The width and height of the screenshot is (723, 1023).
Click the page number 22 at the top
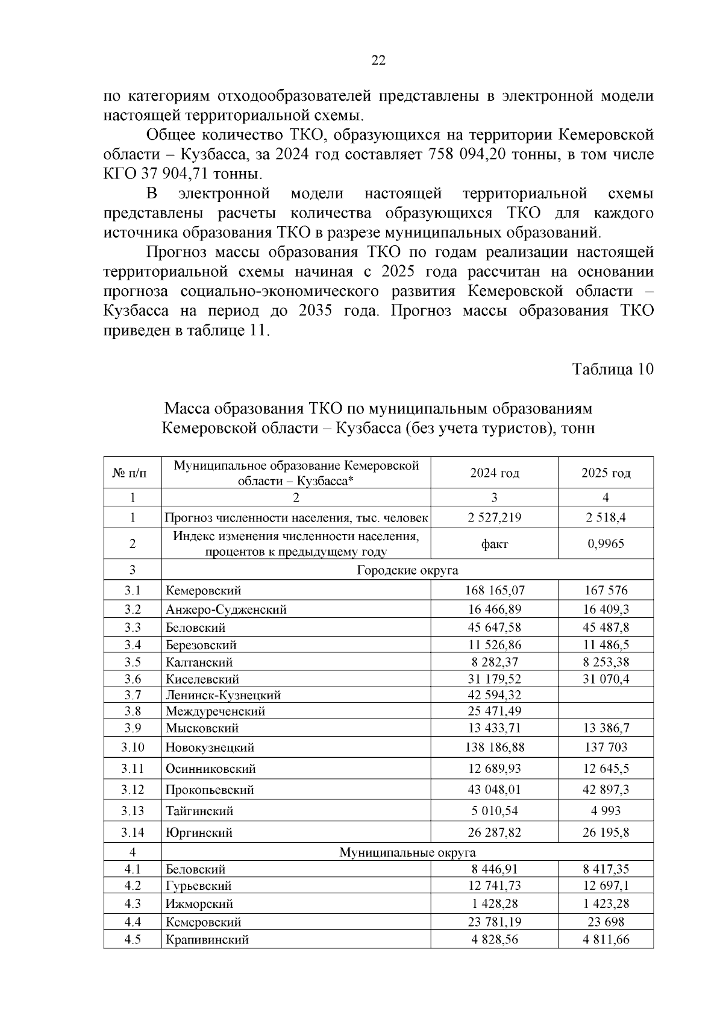pyautogui.click(x=378, y=60)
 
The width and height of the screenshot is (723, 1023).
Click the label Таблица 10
pyautogui.click(x=612, y=369)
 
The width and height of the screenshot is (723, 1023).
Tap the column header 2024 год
pyautogui.click(x=494, y=473)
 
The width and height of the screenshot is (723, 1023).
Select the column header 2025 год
pyautogui.click(x=606, y=473)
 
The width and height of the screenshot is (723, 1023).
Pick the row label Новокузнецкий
pyautogui.click(x=210, y=748)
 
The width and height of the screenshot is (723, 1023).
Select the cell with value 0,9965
pyautogui.click(x=606, y=544)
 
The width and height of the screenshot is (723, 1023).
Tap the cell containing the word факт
pyautogui.click(x=494, y=544)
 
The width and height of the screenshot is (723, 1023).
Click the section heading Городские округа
pyautogui.click(x=407, y=570)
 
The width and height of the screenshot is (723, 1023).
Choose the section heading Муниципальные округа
pyautogui.click(x=407, y=852)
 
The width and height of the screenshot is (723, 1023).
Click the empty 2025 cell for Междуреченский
pyautogui.click(x=606, y=711)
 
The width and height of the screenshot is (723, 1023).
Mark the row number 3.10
pyautogui.click(x=133, y=748)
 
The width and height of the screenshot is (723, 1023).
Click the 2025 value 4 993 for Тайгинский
pyautogui.click(x=606, y=811)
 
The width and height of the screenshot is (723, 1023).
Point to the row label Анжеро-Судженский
pyautogui.click(x=226, y=609)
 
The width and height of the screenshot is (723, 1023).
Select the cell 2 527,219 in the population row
pyautogui.click(x=494, y=517)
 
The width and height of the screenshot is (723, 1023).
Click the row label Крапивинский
pyautogui.click(x=207, y=940)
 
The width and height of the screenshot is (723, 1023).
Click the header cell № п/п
pyautogui.click(x=133, y=473)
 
